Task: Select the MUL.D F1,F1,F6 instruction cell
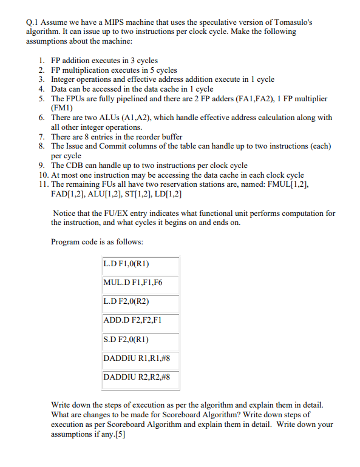[141, 283]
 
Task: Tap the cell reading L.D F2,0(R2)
[141, 301]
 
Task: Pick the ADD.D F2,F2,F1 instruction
[141, 320]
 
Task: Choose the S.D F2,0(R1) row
[141, 339]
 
